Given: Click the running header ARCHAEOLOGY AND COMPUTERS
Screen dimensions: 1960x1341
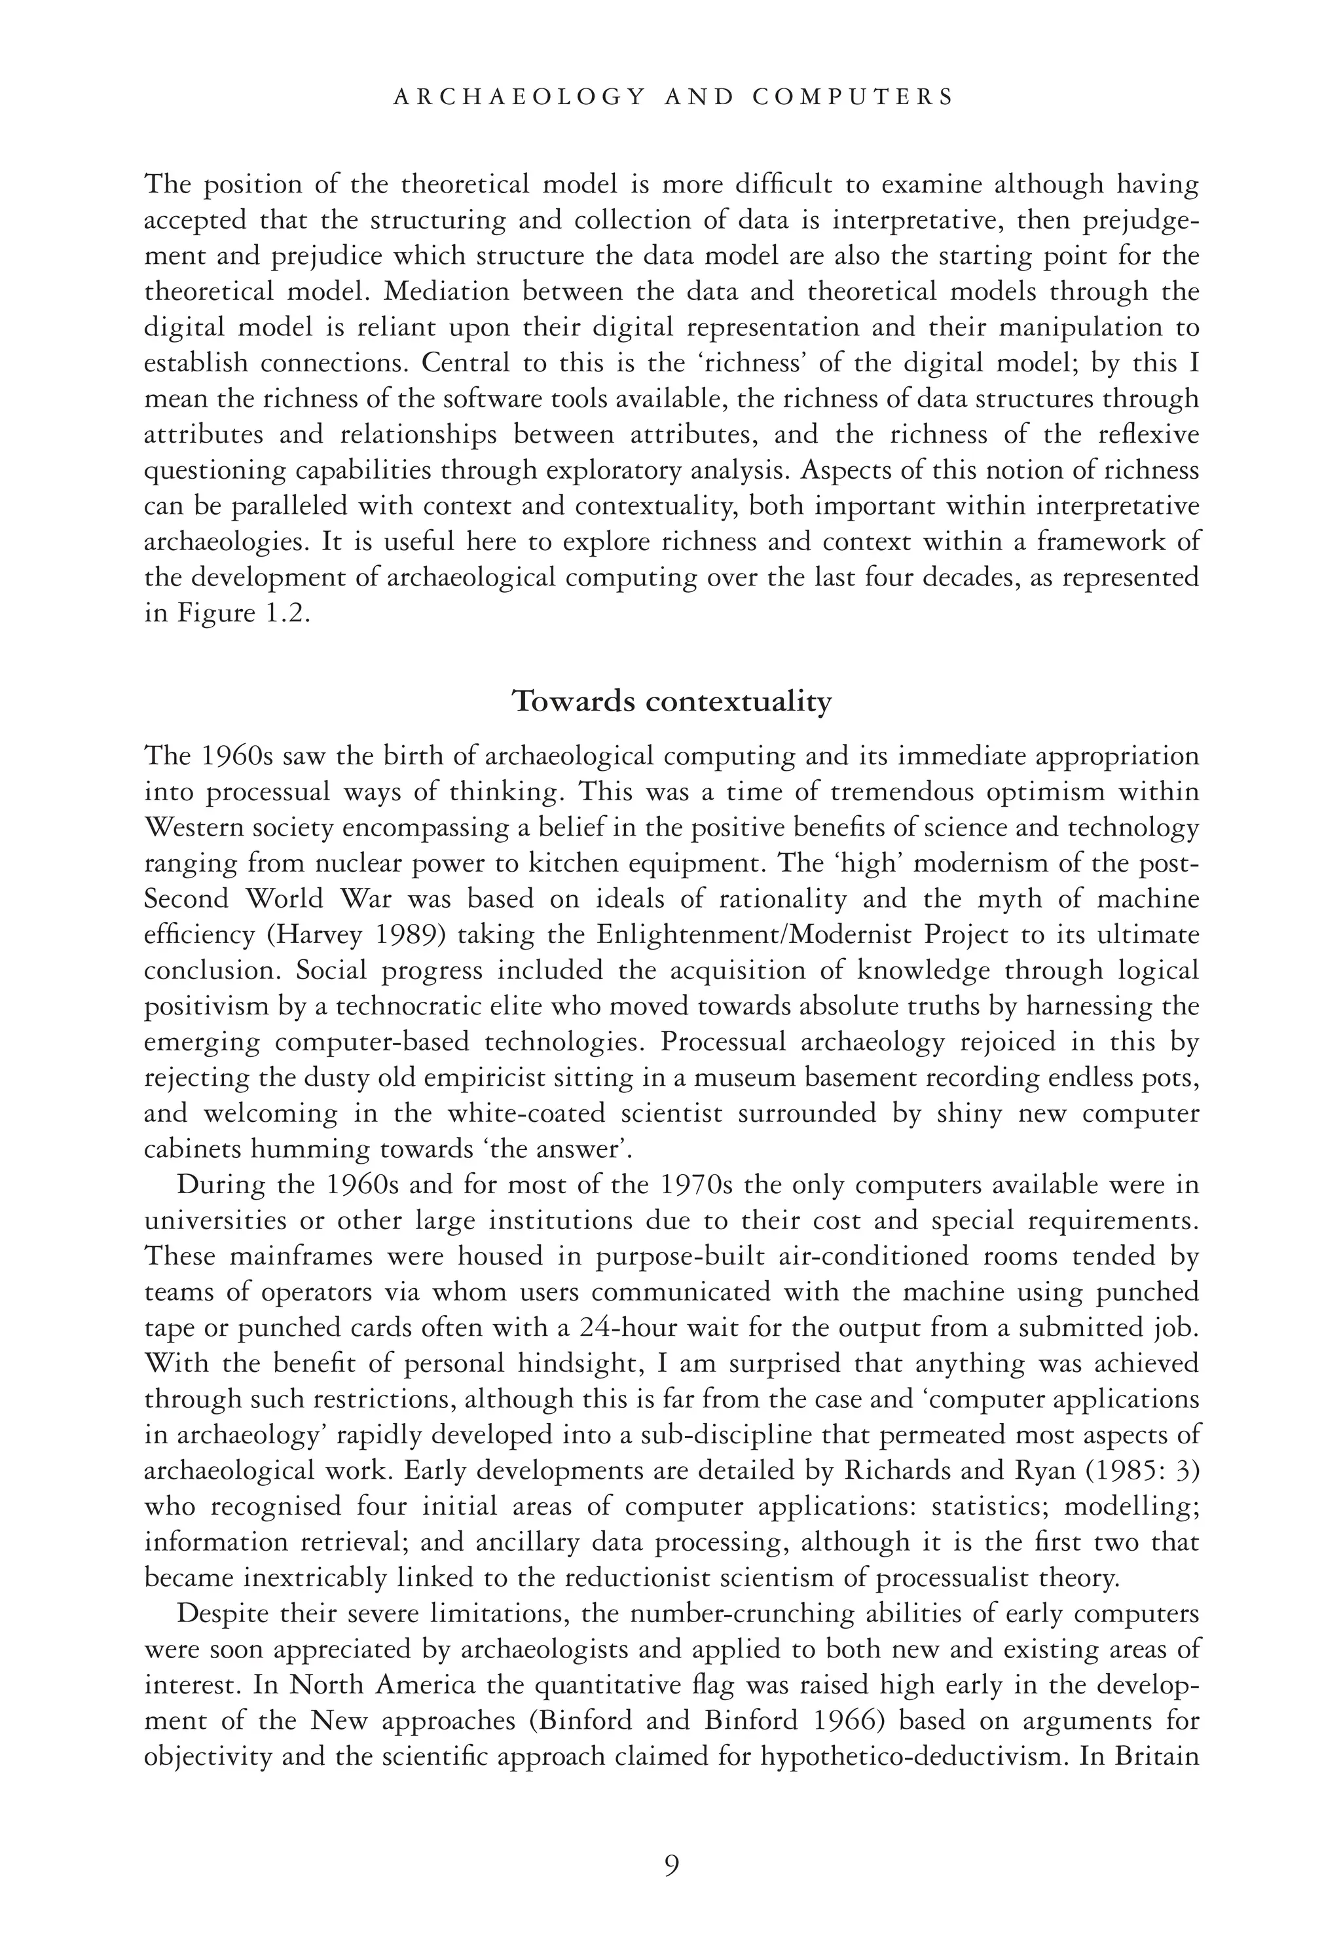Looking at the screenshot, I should pos(672,97).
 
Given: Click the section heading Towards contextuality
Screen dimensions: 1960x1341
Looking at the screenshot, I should pos(672,702).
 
